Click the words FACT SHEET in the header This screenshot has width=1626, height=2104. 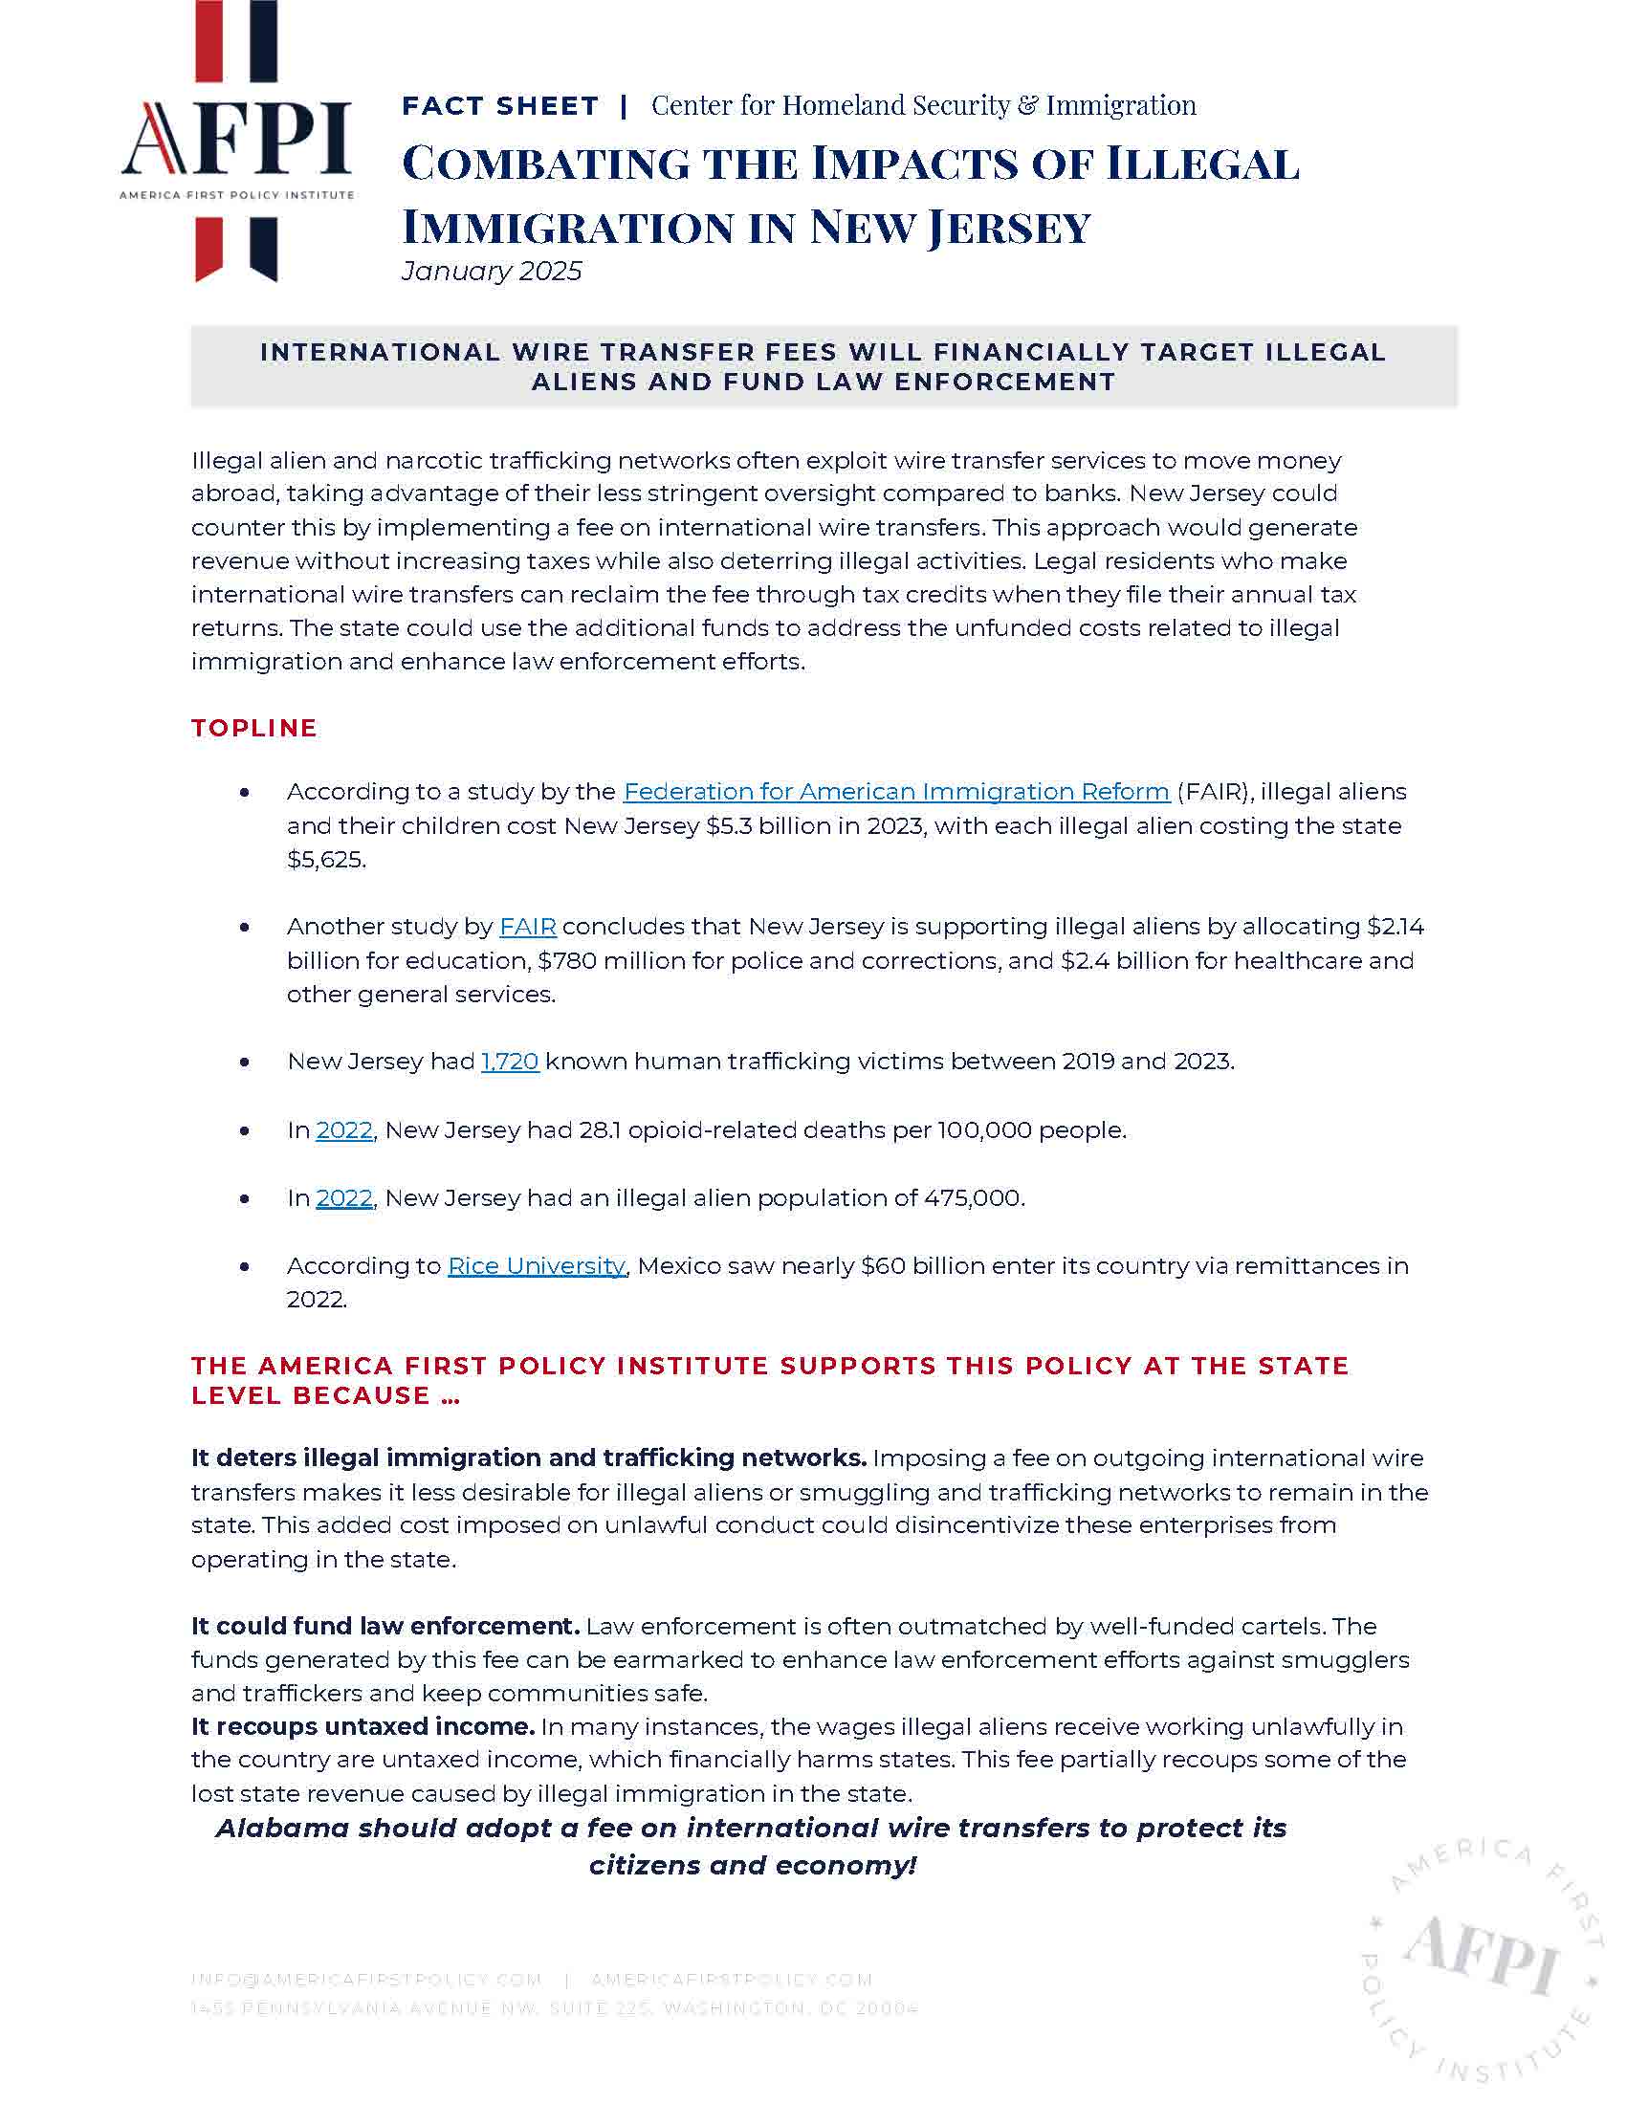pos(500,106)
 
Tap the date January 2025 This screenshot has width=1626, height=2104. pos(492,272)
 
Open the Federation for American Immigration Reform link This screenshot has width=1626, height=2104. pos(896,792)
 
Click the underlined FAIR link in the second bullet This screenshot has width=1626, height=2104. pos(528,927)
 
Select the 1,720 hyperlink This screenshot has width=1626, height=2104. pos(510,1062)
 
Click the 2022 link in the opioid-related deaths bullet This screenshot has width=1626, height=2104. pos(344,1130)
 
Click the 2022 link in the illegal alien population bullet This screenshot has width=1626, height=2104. pos(344,1198)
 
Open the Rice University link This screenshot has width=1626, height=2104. pos(537,1266)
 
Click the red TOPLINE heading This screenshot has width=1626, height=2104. pos(254,729)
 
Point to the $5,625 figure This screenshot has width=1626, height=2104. pos(325,860)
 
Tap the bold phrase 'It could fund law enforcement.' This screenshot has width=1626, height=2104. pos(385,1627)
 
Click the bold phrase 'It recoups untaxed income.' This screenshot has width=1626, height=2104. pos(363,1727)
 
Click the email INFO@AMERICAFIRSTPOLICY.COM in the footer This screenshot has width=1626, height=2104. pos(366,1980)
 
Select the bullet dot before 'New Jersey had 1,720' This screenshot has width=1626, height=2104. pos(245,1063)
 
